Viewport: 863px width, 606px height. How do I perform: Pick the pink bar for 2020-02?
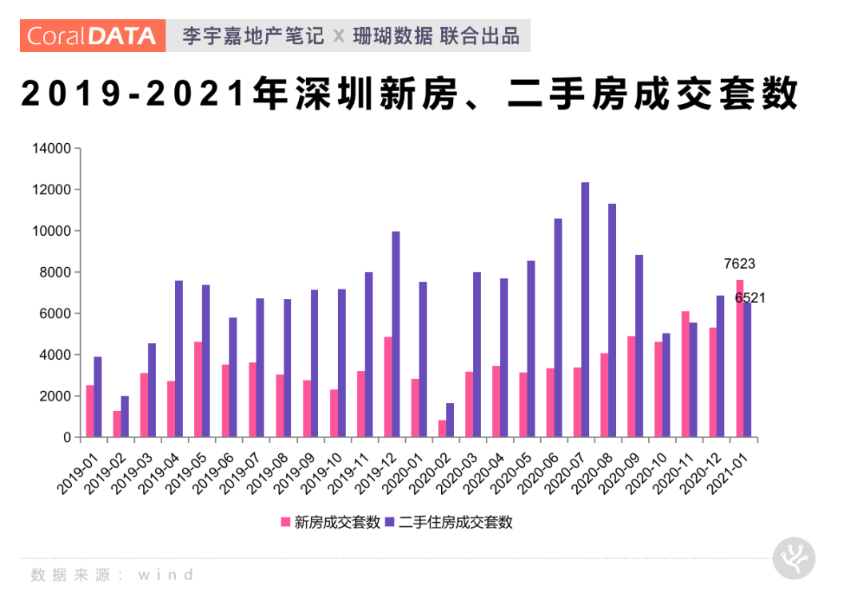442,429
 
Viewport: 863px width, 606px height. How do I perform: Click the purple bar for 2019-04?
179,359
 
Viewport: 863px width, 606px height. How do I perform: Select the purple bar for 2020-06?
558,328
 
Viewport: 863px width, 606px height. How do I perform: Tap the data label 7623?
739,264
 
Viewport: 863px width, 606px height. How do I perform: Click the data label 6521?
750,297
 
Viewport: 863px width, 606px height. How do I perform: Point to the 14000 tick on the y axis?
52,149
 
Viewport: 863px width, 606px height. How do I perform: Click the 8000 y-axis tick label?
55,273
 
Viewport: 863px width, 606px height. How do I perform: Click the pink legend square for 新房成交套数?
285,522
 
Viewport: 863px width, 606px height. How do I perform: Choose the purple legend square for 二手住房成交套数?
391,522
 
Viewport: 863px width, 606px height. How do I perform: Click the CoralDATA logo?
92,36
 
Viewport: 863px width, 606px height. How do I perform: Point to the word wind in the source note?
166,575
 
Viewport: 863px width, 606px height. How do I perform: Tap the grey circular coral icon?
793,558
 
